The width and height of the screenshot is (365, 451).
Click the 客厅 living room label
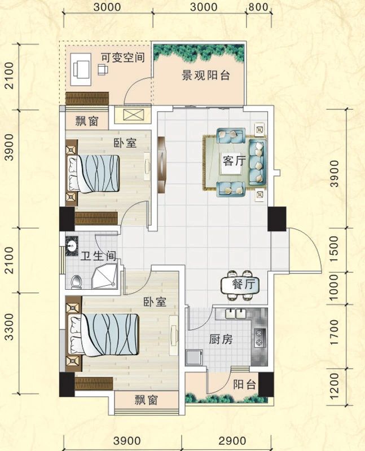(234, 161)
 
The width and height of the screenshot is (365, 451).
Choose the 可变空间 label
(123, 58)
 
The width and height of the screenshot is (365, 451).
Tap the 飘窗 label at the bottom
(147, 400)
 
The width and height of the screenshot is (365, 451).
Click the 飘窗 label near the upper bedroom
(88, 120)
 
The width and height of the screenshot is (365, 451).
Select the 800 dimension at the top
(257, 8)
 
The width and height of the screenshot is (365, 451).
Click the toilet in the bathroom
(78, 281)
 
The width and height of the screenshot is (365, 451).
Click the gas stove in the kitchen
(259, 337)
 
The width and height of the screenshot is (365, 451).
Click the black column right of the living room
(277, 219)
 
